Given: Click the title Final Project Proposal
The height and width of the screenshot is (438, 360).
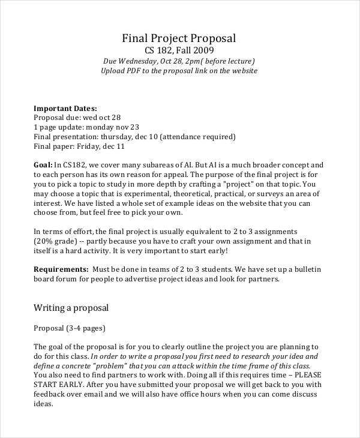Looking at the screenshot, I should pyautogui.click(x=179, y=38).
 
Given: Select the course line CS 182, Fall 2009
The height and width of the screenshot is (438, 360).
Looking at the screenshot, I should pyautogui.click(x=179, y=50).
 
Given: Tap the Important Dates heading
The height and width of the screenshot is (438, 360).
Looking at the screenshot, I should pyautogui.click(x=65, y=108).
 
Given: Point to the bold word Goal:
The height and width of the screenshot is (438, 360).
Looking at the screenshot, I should pyautogui.click(x=43, y=164).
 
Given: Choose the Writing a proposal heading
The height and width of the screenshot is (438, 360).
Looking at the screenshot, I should pyautogui.click(x=71, y=308).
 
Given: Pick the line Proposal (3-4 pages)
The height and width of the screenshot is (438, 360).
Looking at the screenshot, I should pyautogui.click(x=69, y=328).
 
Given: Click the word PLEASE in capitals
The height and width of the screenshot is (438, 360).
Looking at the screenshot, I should pyautogui.click(x=304, y=376).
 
